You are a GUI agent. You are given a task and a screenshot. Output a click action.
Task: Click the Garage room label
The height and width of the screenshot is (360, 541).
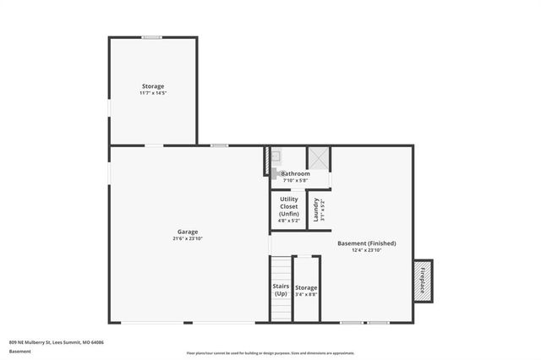189,232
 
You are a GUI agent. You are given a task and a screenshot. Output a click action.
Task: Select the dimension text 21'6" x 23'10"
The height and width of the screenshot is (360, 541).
189,239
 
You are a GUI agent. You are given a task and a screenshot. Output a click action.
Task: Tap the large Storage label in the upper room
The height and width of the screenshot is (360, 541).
152,86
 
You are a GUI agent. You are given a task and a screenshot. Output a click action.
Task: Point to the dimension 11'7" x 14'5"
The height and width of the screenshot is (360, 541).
152,93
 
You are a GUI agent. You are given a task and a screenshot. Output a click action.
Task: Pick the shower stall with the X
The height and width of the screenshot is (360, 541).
319,157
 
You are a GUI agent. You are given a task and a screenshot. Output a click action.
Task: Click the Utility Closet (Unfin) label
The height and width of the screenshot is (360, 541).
288,206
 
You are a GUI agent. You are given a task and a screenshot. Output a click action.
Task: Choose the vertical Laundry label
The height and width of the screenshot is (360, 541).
316,210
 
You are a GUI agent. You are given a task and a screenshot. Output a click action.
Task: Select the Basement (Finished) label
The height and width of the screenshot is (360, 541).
366,243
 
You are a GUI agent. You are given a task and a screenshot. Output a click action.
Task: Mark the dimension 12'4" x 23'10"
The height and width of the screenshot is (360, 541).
366,250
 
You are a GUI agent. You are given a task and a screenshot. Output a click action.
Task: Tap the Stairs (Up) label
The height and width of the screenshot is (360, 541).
281,290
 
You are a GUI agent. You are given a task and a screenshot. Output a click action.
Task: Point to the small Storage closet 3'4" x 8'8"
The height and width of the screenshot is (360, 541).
306,290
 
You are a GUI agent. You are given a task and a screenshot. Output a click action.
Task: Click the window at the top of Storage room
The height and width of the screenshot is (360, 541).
152,37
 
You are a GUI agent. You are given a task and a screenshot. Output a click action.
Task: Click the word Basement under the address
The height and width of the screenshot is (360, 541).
19,351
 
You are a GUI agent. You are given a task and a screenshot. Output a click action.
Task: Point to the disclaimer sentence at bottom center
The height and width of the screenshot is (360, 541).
270,353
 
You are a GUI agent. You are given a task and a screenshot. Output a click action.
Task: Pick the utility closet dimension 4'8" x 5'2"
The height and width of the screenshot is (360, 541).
288,221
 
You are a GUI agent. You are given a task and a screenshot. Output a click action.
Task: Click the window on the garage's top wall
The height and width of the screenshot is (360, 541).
220,145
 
